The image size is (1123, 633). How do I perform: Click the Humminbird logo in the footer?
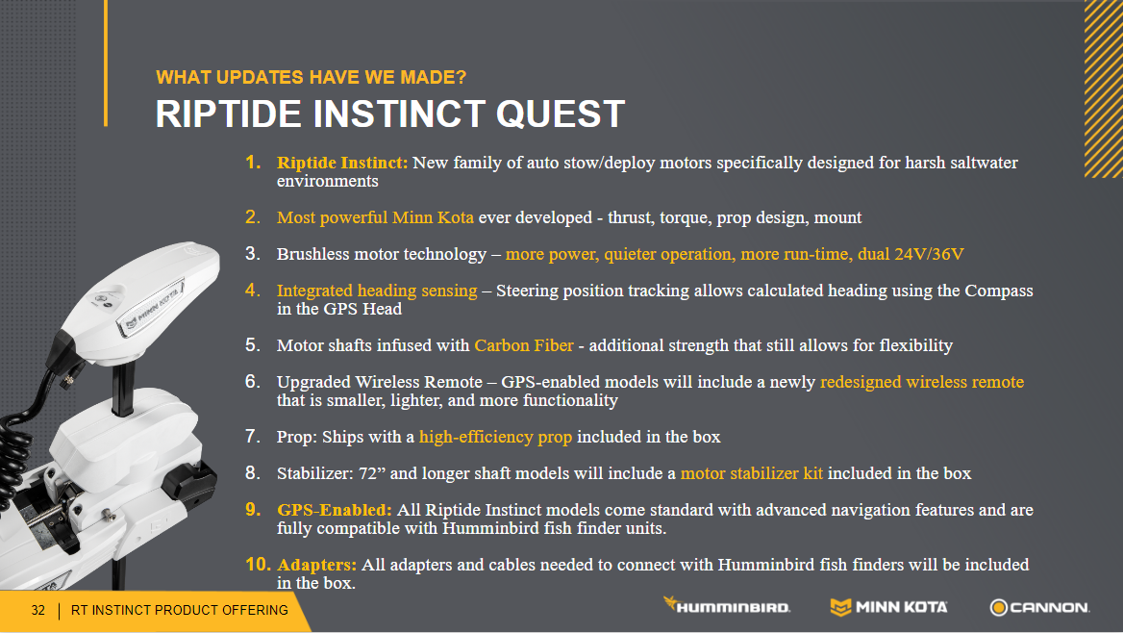(726, 606)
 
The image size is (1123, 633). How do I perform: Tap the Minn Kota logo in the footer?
(888, 607)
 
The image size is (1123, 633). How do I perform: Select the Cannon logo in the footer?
(1040, 607)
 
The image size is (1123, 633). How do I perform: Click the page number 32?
(37, 610)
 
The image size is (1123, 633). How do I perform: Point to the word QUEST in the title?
(561, 114)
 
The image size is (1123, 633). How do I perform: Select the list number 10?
(257, 564)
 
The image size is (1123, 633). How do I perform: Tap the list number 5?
(252, 344)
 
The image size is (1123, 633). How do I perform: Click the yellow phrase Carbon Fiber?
(524, 345)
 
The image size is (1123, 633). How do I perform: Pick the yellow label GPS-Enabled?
(335, 510)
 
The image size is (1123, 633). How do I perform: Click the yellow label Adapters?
(316, 565)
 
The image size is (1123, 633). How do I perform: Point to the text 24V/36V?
(929, 254)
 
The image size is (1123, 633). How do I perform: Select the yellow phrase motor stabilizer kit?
(751, 473)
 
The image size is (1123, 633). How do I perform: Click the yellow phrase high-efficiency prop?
(495, 437)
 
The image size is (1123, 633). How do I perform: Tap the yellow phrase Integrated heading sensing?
(377, 291)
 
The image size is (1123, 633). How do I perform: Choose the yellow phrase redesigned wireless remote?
(922, 382)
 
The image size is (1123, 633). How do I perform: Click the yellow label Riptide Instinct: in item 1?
(342, 163)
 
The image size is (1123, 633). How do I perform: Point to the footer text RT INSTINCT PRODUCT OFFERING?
(179, 610)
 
